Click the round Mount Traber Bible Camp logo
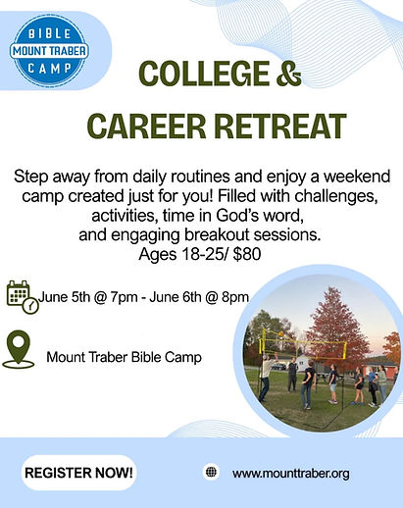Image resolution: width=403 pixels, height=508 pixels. coord(49,51)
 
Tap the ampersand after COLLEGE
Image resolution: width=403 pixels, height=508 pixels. coord(288,74)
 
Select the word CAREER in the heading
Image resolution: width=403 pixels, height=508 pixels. coord(146,127)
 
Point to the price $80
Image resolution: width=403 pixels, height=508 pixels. coord(247,254)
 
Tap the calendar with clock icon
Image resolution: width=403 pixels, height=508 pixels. coord(23,297)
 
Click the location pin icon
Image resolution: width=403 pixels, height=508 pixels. coord(19,349)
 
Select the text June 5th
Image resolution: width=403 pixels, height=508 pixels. coord(64,297)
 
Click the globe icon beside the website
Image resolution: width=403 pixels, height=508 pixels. coord(211,472)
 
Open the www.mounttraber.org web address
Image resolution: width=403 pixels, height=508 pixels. coord(291,473)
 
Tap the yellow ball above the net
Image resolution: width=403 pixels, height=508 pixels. coord(280,333)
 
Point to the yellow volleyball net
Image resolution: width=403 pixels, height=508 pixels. coord(303,344)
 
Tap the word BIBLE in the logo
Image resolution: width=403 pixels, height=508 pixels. coord(50,33)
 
